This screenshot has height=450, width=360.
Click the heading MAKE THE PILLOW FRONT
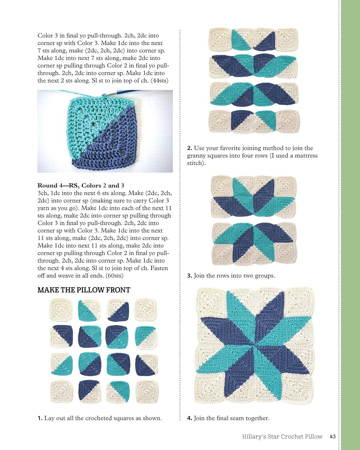pos(84,290)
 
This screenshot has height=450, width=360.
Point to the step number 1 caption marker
pos(40,418)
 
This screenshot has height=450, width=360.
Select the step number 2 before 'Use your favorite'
pos(189,148)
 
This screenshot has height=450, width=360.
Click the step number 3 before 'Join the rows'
pos(189,276)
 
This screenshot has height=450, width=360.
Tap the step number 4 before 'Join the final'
pos(189,418)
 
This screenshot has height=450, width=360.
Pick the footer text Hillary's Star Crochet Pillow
pos(282,436)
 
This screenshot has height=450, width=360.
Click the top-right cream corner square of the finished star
pos(298,303)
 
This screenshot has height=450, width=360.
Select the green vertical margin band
pos(350,225)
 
